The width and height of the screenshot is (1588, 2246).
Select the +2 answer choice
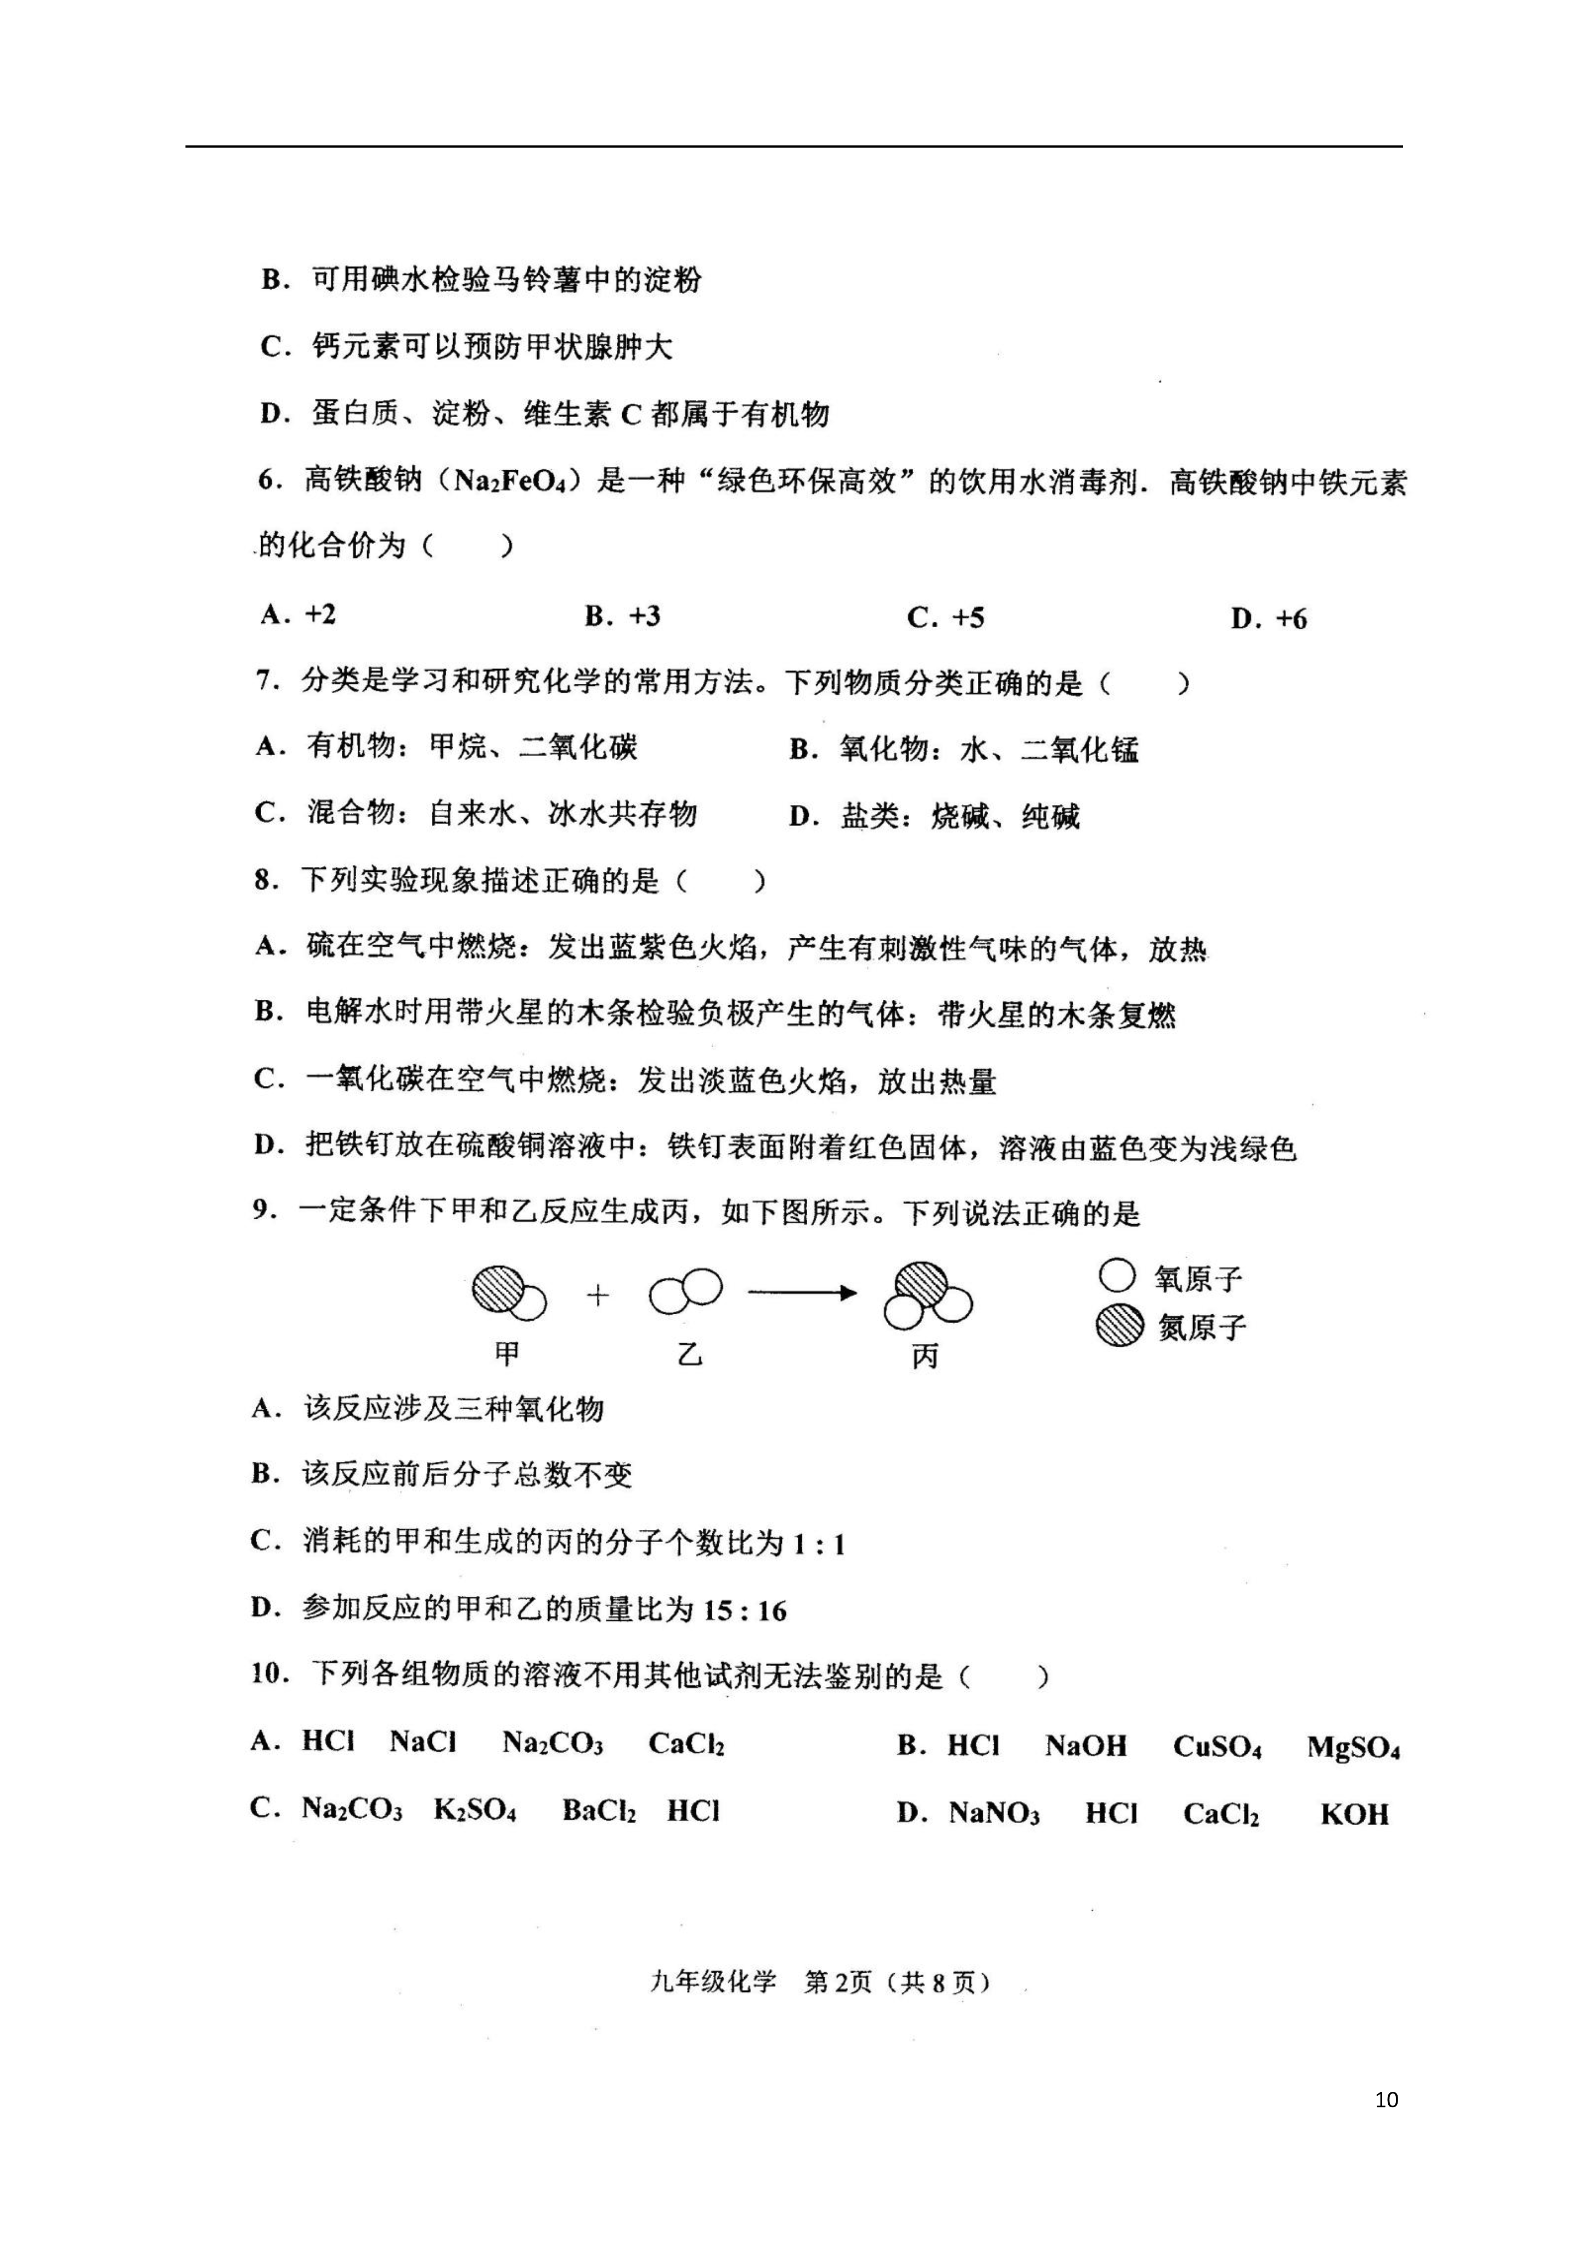pyautogui.click(x=320, y=615)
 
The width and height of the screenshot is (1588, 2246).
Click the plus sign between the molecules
pyautogui.click(x=598, y=1295)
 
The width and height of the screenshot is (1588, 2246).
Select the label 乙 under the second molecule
pyautogui.click(x=690, y=1355)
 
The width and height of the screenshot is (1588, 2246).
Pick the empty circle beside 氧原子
pyautogui.click(x=1117, y=1276)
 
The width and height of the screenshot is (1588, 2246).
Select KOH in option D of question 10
pyautogui.click(x=1354, y=1815)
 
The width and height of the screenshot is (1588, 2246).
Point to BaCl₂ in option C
pyautogui.click(x=599, y=1811)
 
